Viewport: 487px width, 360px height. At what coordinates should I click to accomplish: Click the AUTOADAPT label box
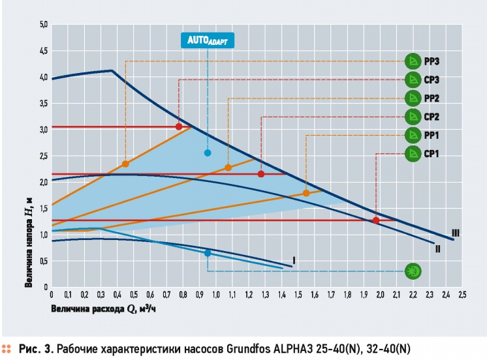(208, 40)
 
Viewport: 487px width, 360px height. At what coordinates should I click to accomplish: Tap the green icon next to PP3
(413, 61)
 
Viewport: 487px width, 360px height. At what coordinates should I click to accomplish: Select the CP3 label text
(432, 80)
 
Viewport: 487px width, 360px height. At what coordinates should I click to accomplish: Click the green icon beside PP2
(413, 98)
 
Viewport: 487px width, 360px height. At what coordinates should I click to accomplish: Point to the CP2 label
(432, 117)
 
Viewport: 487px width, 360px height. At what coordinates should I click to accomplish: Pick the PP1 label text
(432, 135)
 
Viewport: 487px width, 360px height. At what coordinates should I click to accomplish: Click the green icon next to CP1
(413, 153)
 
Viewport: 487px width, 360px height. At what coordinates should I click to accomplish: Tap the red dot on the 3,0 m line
(179, 127)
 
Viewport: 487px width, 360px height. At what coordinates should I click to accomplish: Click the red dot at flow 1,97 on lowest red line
(376, 220)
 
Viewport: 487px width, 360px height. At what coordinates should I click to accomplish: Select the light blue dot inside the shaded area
(208, 153)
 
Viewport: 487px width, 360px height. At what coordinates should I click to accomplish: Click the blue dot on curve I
(208, 253)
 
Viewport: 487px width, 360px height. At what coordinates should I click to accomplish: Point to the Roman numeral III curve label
(455, 233)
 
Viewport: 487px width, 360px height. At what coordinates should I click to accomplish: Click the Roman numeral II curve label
(437, 248)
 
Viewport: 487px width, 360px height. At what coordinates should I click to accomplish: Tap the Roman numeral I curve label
(294, 260)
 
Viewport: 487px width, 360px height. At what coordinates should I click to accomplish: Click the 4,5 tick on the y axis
(44, 51)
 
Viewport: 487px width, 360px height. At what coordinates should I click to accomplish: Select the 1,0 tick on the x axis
(215, 294)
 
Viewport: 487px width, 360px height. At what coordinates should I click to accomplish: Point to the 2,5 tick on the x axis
(462, 294)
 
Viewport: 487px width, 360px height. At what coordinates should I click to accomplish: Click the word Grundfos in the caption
(249, 349)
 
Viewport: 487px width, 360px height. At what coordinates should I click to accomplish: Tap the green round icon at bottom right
(413, 271)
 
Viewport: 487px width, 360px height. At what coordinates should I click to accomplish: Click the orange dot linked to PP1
(306, 193)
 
